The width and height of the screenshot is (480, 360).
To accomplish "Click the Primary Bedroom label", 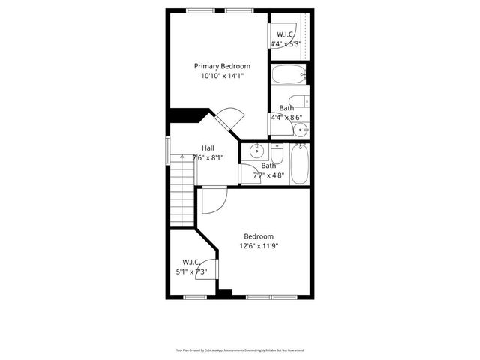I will click(x=222, y=66).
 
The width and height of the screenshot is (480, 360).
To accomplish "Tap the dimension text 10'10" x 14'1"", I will click(x=222, y=76).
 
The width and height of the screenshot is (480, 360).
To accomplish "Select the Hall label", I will click(x=208, y=148).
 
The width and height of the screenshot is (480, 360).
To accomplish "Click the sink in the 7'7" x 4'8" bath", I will click(x=256, y=150).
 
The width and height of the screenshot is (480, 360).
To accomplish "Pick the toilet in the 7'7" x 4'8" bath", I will click(x=276, y=154).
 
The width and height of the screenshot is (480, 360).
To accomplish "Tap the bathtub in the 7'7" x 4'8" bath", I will click(x=299, y=166).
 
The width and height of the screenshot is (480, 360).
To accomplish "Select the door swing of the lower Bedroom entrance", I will click(x=214, y=199).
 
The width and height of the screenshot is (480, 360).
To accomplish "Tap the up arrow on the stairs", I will click(x=181, y=157).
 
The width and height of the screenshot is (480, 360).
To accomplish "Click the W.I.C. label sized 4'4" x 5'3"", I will click(x=286, y=34).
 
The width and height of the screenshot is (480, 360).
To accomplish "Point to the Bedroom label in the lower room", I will click(x=258, y=236).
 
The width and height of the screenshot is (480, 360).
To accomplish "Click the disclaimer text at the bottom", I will click(x=239, y=349).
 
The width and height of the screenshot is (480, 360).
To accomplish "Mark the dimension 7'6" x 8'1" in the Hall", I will click(x=208, y=157).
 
